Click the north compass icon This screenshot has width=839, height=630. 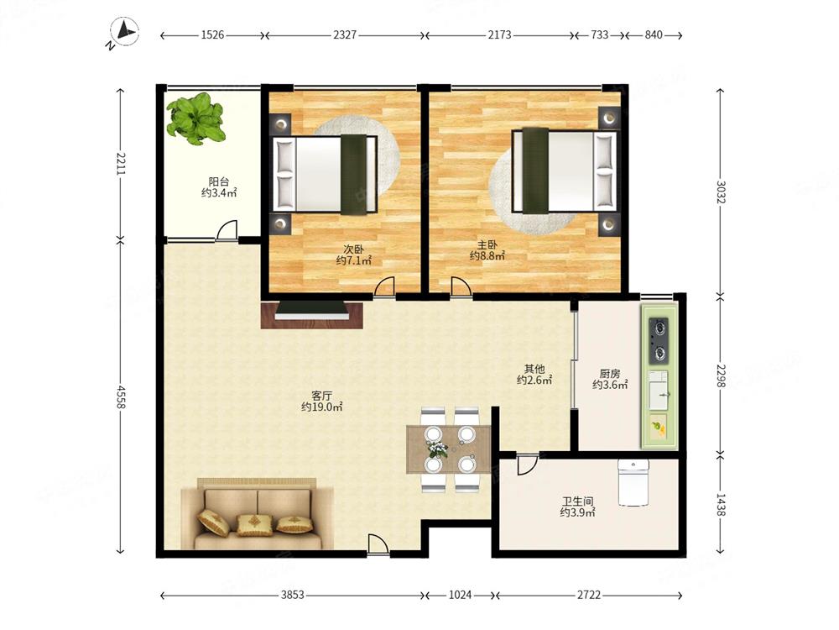[123, 32]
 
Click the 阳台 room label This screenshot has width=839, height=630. [219, 181]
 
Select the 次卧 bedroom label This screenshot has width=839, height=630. [353, 249]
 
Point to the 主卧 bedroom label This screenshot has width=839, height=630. [487, 244]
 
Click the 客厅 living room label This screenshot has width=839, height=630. [321, 396]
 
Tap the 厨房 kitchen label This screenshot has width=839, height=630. [609, 374]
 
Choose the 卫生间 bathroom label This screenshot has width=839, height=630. [577, 501]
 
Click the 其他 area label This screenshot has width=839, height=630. [534, 369]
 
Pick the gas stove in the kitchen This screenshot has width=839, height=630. [659, 340]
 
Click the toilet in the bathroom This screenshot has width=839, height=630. [633, 482]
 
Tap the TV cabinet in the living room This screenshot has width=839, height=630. [312, 315]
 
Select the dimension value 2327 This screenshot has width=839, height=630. [345, 34]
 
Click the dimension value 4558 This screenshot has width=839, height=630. [121, 397]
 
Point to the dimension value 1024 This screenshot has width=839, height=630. [460, 595]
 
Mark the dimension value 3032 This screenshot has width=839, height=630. [722, 192]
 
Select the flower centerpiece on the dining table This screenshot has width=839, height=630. [437, 449]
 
